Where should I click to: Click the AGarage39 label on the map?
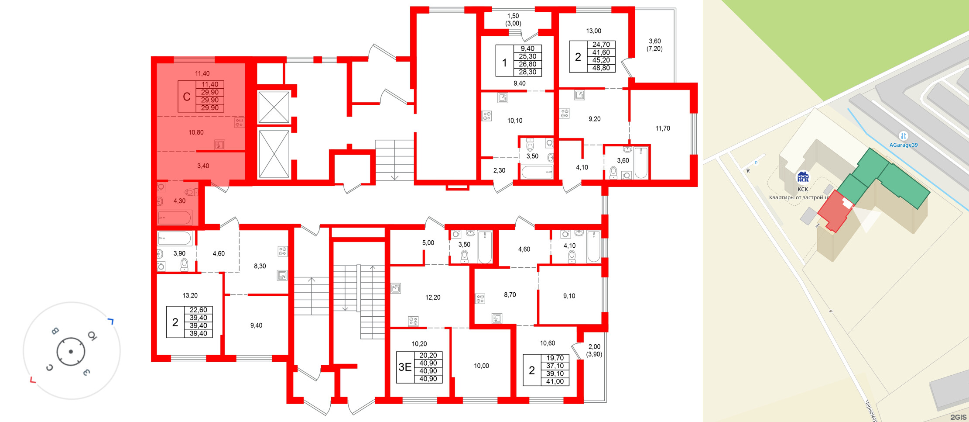click(x=904, y=145)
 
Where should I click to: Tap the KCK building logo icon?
click(x=803, y=177)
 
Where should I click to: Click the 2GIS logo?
click(x=958, y=417)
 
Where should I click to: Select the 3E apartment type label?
click(x=405, y=367)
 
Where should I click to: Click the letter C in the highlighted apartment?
click(x=187, y=97)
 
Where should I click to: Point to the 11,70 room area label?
click(x=662, y=128)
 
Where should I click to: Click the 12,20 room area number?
click(x=433, y=297)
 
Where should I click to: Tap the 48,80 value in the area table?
click(x=601, y=68)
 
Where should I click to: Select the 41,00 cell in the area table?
click(x=555, y=381)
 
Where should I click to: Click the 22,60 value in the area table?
click(x=198, y=310)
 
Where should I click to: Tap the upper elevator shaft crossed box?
click(x=274, y=107)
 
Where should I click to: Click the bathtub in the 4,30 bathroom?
click(x=175, y=217)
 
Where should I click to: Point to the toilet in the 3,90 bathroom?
click(x=184, y=264)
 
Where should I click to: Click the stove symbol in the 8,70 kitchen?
click(x=480, y=299)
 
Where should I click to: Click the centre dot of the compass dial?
click(x=71, y=351)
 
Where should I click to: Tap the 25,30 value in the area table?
click(x=527, y=56)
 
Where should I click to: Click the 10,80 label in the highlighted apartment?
click(x=196, y=132)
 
